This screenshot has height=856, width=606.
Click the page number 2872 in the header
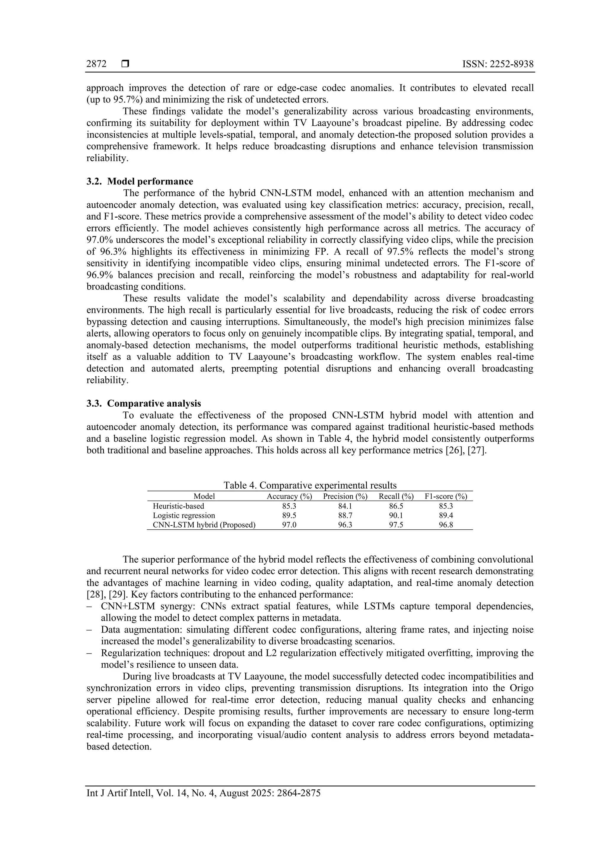(96, 64)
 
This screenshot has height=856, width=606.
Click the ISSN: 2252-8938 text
(498, 64)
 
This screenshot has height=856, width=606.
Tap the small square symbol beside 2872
(125, 64)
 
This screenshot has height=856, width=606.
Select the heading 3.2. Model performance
(140, 181)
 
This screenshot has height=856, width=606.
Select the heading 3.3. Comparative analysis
(144, 403)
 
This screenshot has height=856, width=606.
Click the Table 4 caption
(310, 485)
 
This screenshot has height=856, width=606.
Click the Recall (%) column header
(396, 496)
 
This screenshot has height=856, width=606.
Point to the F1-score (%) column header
(446, 496)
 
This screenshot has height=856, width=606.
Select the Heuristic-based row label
(178, 506)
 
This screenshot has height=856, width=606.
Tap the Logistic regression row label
(184, 515)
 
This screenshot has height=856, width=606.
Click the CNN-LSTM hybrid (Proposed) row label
(204, 525)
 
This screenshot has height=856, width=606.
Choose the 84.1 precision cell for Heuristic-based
(345, 506)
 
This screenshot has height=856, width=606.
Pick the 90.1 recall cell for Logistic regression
(396, 515)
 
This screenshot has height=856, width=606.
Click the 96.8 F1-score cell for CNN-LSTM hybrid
(446, 525)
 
